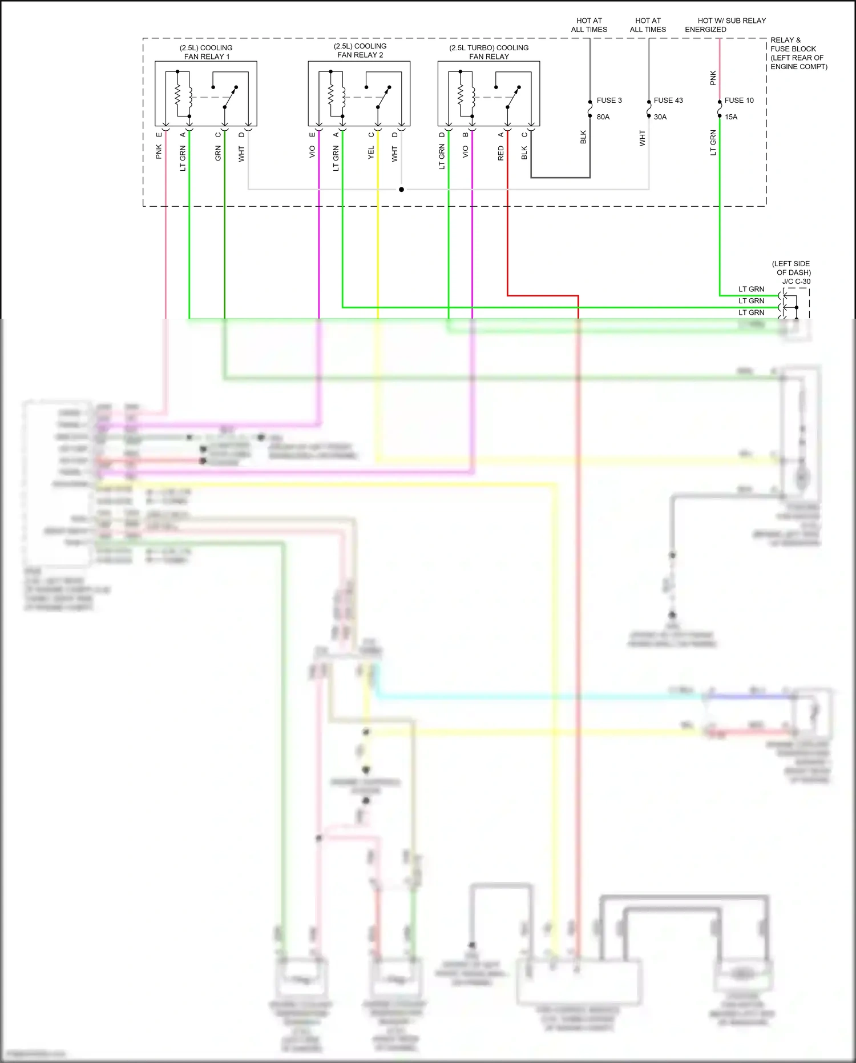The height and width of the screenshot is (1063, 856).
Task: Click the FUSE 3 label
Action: point(609,100)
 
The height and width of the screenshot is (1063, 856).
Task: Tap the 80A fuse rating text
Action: point(603,117)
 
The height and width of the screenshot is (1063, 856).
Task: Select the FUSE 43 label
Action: point(668,100)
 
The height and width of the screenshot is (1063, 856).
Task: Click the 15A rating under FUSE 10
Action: point(731,117)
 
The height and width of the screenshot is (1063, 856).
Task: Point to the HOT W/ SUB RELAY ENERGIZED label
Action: point(725,25)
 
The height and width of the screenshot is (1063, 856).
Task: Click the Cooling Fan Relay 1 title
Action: point(206,52)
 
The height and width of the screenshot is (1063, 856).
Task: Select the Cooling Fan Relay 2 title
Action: point(360,50)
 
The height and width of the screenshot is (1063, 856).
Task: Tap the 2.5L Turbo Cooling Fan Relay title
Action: point(488,52)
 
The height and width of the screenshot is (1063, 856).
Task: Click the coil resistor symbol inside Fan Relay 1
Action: point(177,95)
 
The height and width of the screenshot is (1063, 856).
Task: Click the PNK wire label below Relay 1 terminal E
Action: point(159,151)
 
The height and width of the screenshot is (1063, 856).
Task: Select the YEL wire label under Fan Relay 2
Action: point(371,152)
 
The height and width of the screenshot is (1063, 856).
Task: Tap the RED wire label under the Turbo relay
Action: point(500,153)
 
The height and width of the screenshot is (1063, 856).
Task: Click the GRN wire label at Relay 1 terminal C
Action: point(218,153)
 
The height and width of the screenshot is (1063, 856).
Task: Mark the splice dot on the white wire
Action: point(401,189)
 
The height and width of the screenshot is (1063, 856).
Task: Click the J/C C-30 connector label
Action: point(796,281)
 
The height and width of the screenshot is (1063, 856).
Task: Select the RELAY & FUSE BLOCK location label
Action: point(798,53)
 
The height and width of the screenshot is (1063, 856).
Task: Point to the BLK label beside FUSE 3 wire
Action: point(583,137)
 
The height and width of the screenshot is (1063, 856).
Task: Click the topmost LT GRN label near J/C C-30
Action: point(751,289)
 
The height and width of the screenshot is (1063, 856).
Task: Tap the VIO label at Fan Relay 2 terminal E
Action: point(312,151)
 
